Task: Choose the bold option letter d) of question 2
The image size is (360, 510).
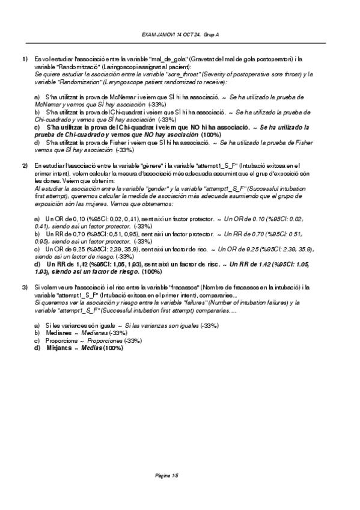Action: pyautogui.click(x=37, y=264)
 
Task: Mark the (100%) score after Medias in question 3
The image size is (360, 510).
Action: pyautogui.click(x=113, y=348)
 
